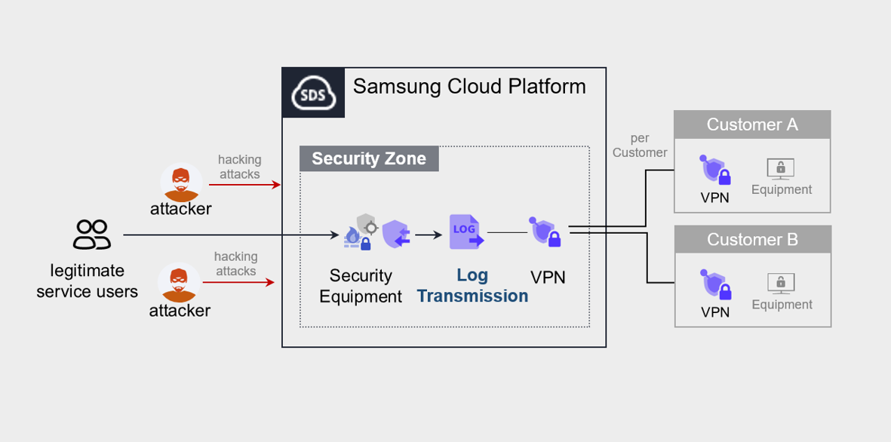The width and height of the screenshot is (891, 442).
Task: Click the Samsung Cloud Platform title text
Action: click(x=469, y=86)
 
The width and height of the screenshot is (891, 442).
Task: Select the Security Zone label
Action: click(x=369, y=158)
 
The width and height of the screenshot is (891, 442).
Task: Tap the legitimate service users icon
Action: click(x=91, y=235)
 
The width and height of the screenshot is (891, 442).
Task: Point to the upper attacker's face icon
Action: click(x=180, y=182)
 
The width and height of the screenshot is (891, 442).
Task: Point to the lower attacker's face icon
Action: click(x=178, y=283)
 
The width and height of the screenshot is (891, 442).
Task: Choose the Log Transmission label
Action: click(x=473, y=286)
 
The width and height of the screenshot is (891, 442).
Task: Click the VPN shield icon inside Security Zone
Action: click(x=546, y=233)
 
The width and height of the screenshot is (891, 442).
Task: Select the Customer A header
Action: click(x=752, y=124)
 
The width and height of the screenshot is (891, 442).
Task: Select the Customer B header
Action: click(x=752, y=239)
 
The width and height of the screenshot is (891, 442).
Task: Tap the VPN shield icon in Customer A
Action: click(x=714, y=170)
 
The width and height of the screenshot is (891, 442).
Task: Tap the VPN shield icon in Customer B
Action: click(x=714, y=286)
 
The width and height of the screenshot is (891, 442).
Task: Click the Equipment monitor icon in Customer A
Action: click(x=781, y=168)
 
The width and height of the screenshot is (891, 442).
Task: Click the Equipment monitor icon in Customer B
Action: click(x=781, y=283)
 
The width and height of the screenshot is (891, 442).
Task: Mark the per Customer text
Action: click(x=640, y=146)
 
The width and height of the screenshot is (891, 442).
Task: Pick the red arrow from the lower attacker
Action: click(x=238, y=283)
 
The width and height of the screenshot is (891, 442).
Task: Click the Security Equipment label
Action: click(x=361, y=286)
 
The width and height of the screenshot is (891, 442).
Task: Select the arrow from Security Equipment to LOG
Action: click(x=428, y=235)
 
